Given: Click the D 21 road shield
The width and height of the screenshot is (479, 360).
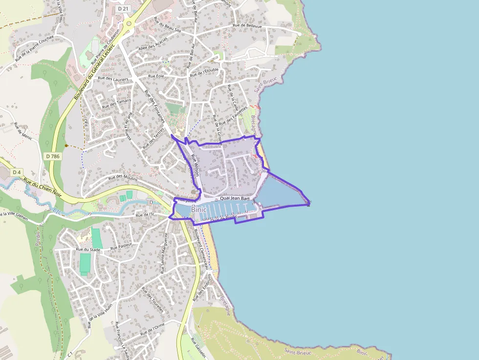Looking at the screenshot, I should point(123,9).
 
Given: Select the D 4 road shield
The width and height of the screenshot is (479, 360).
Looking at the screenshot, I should point(17,172).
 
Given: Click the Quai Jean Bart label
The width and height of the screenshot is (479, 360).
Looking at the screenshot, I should point(235,199).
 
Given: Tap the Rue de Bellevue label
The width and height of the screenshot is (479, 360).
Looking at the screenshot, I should point(247,26).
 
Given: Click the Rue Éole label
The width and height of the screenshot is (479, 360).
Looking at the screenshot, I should point(156,76).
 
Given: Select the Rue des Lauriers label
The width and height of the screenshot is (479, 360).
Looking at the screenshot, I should point(113,78).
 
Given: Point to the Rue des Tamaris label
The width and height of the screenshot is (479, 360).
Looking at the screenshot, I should point(116,103).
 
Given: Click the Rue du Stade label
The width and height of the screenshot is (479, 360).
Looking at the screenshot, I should point(88,250).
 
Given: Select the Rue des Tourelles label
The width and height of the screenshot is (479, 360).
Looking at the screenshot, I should point(152,299).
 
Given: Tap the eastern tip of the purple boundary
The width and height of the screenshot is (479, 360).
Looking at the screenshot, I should point(308,204).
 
